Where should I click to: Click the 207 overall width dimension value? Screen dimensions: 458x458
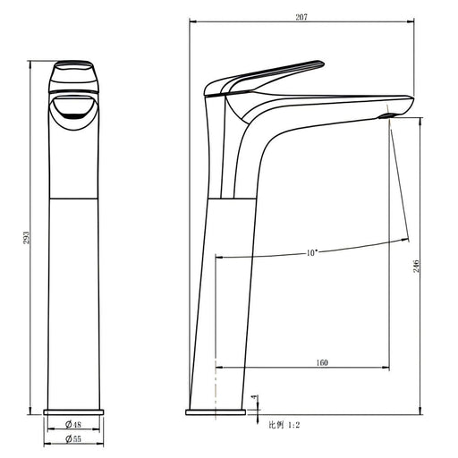pyautogui.click(x=301, y=17)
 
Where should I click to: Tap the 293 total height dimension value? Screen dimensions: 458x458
pyautogui.click(x=26, y=237)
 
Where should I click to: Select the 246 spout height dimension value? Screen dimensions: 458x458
pyautogui.click(x=416, y=266)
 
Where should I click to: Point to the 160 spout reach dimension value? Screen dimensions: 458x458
pyautogui.click(x=322, y=363)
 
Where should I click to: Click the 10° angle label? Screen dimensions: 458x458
pyautogui.click(x=311, y=253)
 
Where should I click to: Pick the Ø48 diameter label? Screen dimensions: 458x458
pyautogui.click(x=73, y=424)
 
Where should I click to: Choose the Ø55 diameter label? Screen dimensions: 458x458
pyautogui.click(x=73, y=439)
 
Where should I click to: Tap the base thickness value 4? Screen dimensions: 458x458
pyautogui.click(x=254, y=397)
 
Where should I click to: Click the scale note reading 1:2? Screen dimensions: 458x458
pyautogui.click(x=293, y=425)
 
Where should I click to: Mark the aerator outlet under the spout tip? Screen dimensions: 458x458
pyautogui.click(x=386, y=115)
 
